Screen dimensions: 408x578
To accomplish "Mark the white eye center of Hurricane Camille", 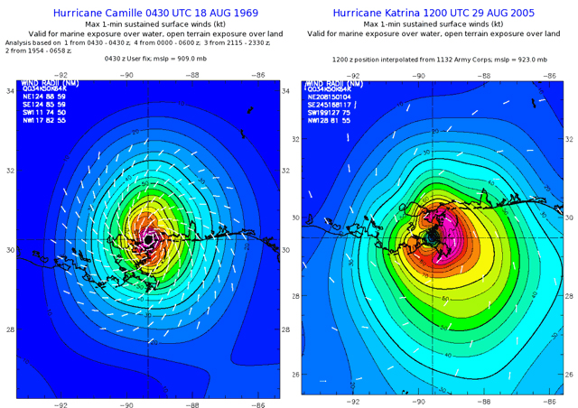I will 148,240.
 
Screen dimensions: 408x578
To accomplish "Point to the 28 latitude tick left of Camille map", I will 9,329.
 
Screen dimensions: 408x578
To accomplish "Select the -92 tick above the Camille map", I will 61,76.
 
